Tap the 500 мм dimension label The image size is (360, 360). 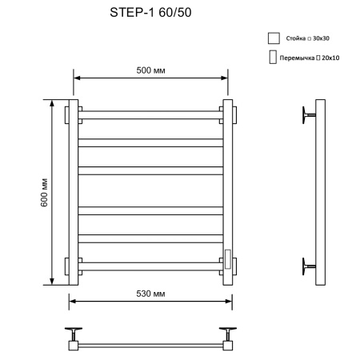(151, 70)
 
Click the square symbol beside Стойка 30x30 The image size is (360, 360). (274, 38)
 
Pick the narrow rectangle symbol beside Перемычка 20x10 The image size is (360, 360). (272, 58)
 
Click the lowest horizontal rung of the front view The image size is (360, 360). (151, 265)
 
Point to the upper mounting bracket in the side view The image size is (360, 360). (309, 114)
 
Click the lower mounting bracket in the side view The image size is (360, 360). (309, 265)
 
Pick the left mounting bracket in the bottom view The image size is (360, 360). (75, 331)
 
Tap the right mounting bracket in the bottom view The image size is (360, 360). (226, 331)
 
